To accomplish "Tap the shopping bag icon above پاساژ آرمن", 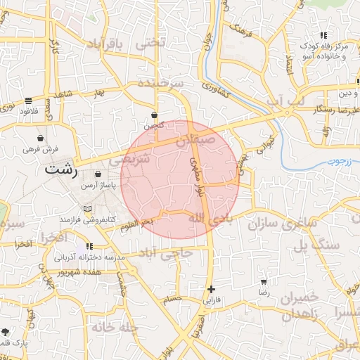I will [97, 174].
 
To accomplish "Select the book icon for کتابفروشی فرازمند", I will [87, 209].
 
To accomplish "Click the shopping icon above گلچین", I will [155, 115].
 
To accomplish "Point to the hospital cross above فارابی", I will [211, 289].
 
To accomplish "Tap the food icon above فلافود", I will [28, 101].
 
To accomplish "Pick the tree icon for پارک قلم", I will [6, 331].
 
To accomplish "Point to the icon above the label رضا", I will [264, 281].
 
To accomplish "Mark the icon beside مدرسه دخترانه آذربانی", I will [90, 246].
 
